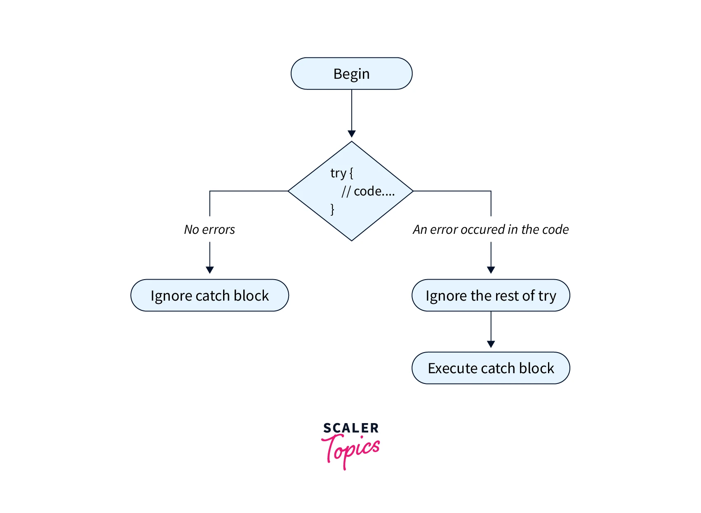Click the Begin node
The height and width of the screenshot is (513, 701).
tap(351, 74)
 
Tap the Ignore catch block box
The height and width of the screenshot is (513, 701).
tap(209, 295)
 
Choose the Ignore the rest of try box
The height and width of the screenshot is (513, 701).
tap(491, 295)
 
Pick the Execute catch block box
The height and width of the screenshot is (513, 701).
tap(491, 368)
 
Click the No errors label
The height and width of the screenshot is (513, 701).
tap(209, 229)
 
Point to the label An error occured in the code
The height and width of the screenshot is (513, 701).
tap(491, 229)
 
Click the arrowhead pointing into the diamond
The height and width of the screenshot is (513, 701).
tap(352, 134)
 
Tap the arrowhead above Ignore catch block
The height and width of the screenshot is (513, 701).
tap(209, 270)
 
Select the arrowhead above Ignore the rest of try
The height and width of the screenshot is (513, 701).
tap(491, 270)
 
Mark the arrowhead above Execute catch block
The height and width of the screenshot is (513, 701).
tap(491, 344)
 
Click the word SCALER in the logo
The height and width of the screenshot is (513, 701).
tap(351, 428)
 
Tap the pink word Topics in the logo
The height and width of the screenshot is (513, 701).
tap(351, 450)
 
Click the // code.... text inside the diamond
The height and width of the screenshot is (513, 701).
tap(368, 191)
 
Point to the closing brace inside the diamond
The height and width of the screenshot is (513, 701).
tap(332, 209)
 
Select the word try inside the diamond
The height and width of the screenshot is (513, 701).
tap(338, 173)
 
